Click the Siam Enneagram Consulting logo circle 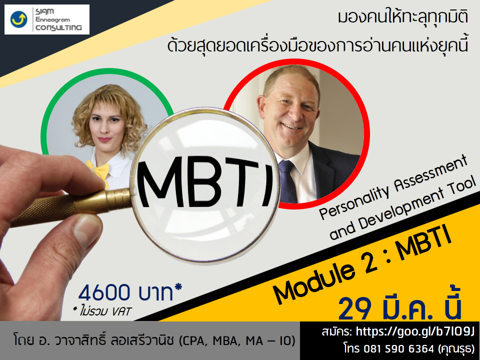[18, 19]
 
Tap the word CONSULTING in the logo [59, 27]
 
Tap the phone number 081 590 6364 [398, 348]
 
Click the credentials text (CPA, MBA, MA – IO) [237, 340]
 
